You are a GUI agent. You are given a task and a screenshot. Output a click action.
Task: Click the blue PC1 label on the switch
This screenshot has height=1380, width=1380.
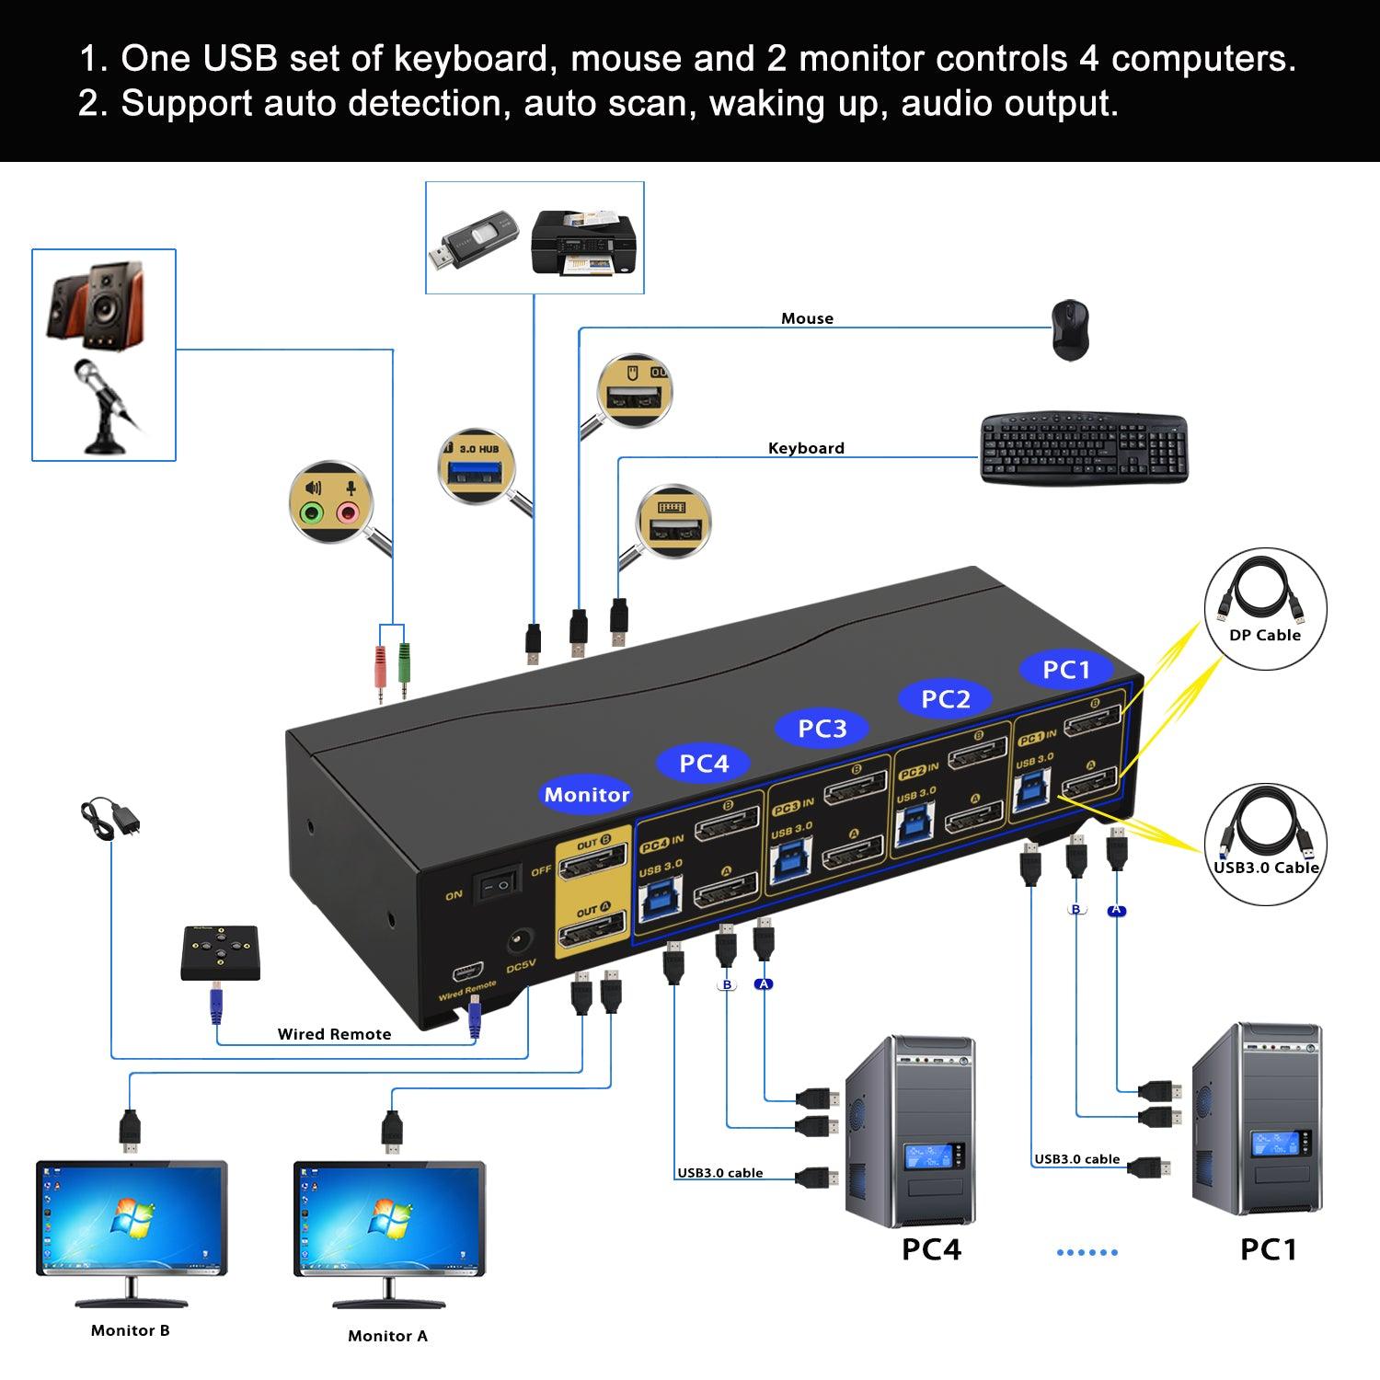[x=1065, y=670]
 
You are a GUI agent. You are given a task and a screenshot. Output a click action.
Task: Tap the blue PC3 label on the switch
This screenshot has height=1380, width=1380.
[x=822, y=729]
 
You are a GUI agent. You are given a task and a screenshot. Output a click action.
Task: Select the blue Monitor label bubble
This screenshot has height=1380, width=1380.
[x=587, y=795]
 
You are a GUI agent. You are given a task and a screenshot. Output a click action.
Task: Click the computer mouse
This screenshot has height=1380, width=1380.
[x=1070, y=329]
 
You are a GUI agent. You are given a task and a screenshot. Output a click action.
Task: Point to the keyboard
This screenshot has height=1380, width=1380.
[x=1084, y=448]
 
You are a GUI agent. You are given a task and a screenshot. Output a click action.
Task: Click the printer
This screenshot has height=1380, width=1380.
[x=583, y=243]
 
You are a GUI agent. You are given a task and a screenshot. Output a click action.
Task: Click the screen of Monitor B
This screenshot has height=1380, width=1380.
[x=131, y=1216]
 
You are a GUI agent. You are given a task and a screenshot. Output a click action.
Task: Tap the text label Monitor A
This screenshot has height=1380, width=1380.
[x=387, y=1336]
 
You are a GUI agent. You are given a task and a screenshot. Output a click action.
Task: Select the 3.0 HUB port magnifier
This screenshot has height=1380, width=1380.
[x=476, y=466]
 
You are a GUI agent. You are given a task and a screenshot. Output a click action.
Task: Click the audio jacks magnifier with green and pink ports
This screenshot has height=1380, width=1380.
[x=329, y=502]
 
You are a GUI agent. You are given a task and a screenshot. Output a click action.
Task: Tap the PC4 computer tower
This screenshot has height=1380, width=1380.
[x=909, y=1132]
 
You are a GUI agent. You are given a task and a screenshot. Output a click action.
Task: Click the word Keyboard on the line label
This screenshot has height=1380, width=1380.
[x=806, y=448]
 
